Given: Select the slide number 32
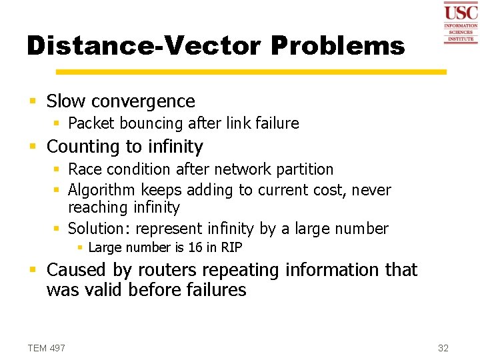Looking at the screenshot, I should point(443,348).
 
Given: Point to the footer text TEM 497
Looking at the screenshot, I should point(47,348).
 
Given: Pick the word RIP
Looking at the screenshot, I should point(231,247).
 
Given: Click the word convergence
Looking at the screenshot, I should point(143,101).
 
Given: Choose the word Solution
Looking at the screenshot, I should point(98,229).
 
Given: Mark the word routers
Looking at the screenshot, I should point(158,270).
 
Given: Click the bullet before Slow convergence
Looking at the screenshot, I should point(32,102).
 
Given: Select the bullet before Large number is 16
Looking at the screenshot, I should point(80,247).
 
